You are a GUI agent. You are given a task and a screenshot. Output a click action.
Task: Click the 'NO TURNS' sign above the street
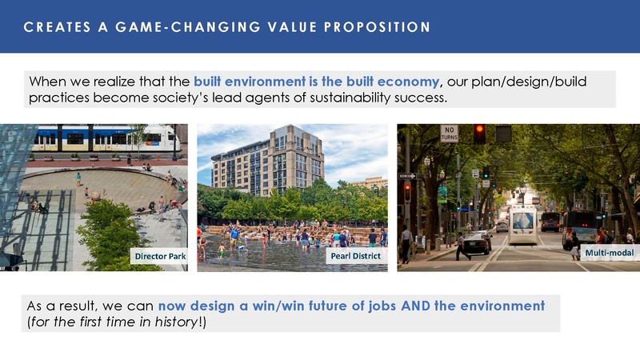(x=450, y=133)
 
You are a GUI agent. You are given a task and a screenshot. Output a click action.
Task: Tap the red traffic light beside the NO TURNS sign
(x=479, y=133)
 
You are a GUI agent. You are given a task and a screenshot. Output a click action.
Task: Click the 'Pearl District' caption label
(x=354, y=256)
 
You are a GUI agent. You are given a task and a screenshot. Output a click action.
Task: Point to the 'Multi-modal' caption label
(x=609, y=253)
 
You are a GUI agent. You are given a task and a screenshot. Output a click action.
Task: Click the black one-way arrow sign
(x=407, y=176)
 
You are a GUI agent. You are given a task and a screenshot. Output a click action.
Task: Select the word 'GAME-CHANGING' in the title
(x=164, y=27)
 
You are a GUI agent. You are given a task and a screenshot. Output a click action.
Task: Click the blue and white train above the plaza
(x=104, y=137)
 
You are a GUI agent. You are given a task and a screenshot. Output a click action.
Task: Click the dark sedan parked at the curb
(x=478, y=243)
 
